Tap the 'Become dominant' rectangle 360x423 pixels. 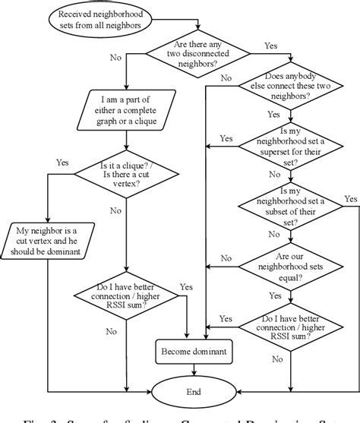[x=194, y=351]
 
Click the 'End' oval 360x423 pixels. [x=194, y=392]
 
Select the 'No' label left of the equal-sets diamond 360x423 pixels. [x=226, y=258]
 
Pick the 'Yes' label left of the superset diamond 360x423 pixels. [x=226, y=138]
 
